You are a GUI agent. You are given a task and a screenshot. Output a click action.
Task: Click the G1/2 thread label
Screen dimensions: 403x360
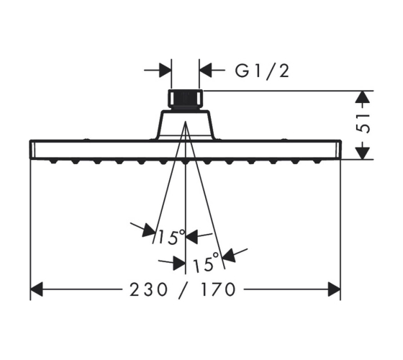pos(262,71)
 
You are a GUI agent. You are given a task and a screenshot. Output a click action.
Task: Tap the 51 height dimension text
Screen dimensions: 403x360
pos(363,124)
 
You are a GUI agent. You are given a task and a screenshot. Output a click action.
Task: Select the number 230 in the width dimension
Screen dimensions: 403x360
pos(148,289)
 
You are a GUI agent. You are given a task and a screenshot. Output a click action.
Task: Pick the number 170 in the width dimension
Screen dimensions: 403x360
pos(217,289)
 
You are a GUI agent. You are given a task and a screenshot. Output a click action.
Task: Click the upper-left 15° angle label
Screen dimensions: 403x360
pos(171,237)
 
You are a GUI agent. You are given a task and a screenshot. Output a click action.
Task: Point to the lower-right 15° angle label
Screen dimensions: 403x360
pos(206,262)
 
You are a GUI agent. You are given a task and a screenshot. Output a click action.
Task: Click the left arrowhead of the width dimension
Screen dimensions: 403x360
pos(37,289)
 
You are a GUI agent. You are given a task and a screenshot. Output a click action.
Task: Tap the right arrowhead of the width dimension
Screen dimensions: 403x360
pos(335,289)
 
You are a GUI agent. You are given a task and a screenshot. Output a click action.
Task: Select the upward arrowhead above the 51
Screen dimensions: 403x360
pos(363,97)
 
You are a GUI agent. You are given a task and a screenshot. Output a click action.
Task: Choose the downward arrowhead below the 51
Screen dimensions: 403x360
pos(363,153)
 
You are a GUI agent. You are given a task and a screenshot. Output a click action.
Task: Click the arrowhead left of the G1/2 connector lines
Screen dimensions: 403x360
pos(166,70)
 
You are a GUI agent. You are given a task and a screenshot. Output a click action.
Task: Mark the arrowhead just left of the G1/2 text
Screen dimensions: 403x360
pos(206,70)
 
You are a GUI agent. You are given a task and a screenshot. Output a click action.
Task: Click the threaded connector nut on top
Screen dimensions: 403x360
pos(186,99)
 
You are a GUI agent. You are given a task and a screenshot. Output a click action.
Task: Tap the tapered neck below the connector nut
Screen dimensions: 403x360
pos(186,125)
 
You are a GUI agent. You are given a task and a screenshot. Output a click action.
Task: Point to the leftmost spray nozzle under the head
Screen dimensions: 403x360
pos(53,162)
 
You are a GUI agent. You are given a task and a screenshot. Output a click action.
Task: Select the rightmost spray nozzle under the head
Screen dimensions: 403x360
pos(317,162)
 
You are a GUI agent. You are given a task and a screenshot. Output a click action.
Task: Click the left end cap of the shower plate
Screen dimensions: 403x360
pos(32,150)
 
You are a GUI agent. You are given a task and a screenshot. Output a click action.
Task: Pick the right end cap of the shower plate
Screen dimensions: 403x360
pos(339,150)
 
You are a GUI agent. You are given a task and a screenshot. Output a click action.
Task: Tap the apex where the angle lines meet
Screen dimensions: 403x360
pos(186,122)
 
